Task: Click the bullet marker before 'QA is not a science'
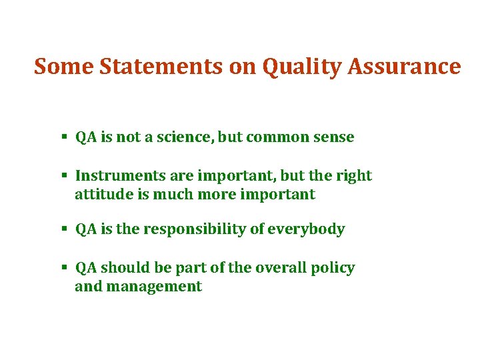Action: click(x=64, y=138)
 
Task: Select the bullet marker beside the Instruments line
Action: click(x=64, y=176)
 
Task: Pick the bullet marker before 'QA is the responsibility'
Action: click(x=64, y=229)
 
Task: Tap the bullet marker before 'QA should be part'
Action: click(x=64, y=268)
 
